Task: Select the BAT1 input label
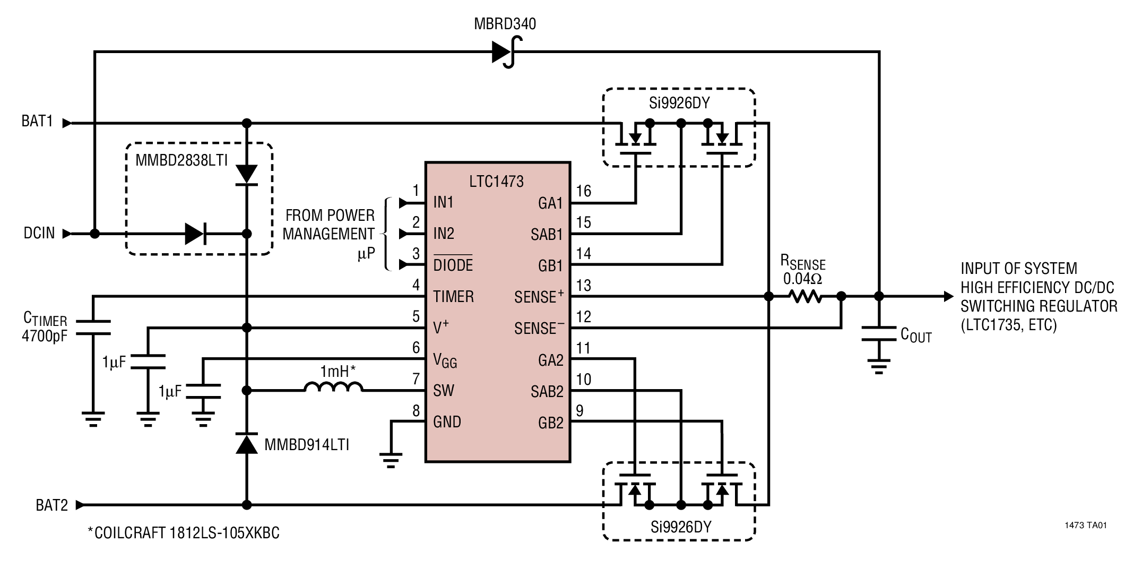pos(37,122)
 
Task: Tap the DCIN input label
pos(39,233)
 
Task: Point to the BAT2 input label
pos(51,505)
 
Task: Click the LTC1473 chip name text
pos(496,182)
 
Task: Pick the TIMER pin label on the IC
pos(453,296)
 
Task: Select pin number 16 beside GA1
pos(583,191)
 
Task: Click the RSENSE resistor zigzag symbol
pos(805,297)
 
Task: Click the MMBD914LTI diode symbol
pos(246,443)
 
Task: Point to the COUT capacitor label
pos(916,335)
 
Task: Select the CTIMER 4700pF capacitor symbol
pos(93,328)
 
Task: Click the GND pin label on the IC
pos(447,422)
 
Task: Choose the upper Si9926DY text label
pos(679,103)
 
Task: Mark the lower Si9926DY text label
pos(680,527)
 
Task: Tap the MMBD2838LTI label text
pos(181,160)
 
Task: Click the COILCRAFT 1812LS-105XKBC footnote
pos(184,533)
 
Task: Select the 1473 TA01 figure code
pos(1085,526)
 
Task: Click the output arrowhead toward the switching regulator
pos(948,296)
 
